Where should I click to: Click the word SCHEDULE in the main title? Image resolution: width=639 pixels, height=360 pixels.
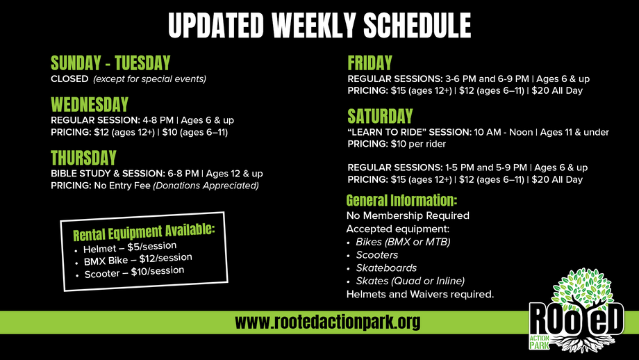pyautogui.click(x=417, y=25)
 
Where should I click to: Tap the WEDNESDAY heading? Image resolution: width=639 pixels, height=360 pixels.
pyautogui.click(x=90, y=105)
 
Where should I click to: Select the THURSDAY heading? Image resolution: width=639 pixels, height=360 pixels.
pyautogui.click(x=83, y=158)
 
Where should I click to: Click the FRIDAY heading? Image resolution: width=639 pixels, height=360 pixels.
pyautogui.click(x=370, y=63)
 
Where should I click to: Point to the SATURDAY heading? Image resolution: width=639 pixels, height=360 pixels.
pyautogui.click(x=380, y=116)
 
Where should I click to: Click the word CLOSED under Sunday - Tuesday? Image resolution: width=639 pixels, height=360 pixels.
pyautogui.click(x=69, y=79)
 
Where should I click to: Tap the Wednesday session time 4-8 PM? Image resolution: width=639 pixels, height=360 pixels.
pyautogui.click(x=158, y=120)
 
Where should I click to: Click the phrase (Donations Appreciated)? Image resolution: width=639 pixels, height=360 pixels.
pyautogui.click(x=206, y=186)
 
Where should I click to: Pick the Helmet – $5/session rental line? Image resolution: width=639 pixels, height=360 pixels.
pyautogui.click(x=130, y=247)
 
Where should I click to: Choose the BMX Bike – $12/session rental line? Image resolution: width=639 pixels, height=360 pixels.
pyautogui.click(x=138, y=259)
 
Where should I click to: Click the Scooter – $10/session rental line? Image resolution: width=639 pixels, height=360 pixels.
pyautogui.click(x=134, y=272)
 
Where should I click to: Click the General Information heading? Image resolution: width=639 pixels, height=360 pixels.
pyautogui.click(x=402, y=201)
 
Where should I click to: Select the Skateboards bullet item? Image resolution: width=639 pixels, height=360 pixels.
pyautogui.click(x=386, y=268)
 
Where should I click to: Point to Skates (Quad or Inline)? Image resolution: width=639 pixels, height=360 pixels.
pyautogui.click(x=410, y=281)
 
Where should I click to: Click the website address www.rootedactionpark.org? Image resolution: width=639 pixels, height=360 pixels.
pyautogui.click(x=328, y=322)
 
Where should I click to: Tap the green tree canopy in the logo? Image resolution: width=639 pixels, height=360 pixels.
pyautogui.click(x=582, y=286)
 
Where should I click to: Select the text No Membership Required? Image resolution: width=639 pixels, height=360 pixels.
pyautogui.click(x=408, y=215)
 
